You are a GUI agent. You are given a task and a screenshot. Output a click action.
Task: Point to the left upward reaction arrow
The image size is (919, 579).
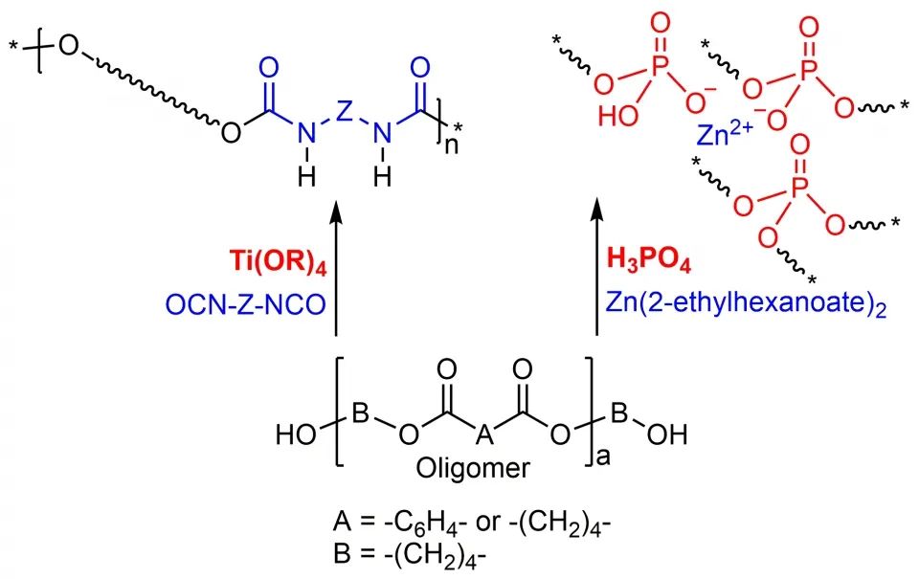(335, 268)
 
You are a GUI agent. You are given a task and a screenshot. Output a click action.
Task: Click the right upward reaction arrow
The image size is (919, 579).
(597, 268)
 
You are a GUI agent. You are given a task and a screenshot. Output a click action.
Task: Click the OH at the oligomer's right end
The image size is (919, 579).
(665, 436)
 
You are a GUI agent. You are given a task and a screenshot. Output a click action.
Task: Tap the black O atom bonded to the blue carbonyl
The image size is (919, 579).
(231, 132)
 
